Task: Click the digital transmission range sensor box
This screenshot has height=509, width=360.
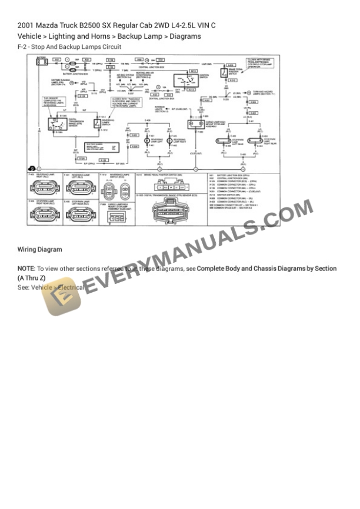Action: tap(59, 121)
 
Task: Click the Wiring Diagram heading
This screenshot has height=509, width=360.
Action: tap(39, 250)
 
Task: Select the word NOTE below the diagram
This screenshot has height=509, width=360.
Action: tap(26, 268)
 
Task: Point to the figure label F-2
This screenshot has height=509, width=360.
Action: tap(23, 47)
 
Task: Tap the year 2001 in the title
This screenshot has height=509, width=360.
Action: tap(25, 25)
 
